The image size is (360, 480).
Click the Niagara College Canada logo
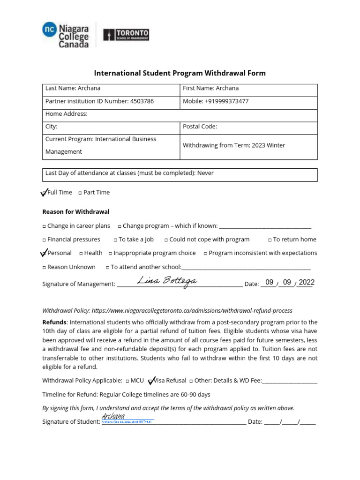65,35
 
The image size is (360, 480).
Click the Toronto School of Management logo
126,35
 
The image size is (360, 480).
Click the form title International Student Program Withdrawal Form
180,73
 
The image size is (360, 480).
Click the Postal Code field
248,127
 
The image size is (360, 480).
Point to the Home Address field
180,114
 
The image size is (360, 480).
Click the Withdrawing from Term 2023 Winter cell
248,145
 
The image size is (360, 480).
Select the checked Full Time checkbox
44,192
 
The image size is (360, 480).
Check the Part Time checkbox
80,193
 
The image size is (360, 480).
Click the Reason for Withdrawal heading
76,212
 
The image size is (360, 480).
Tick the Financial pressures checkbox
44,240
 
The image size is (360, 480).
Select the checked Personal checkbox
44,253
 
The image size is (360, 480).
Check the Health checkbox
81,253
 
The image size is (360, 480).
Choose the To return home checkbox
270,240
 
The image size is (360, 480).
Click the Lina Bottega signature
167,281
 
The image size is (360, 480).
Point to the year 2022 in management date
307,282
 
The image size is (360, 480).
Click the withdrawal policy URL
192,311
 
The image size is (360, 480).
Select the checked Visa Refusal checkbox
150,381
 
